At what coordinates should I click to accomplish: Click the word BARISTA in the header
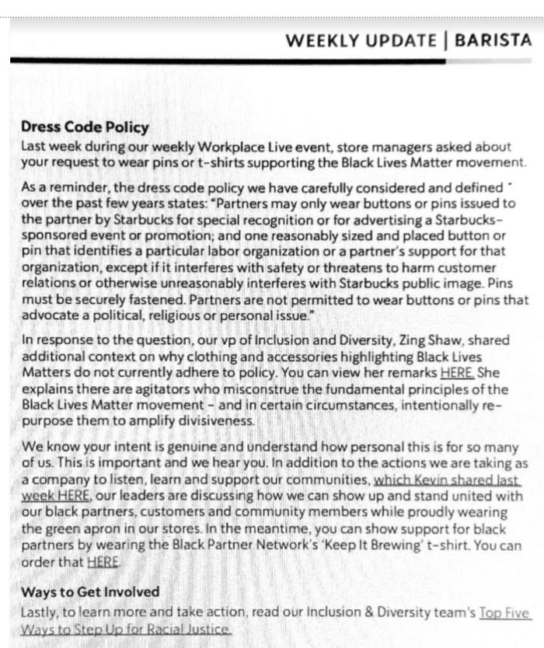tap(493, 40)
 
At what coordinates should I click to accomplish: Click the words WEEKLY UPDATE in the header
tap(361, 40)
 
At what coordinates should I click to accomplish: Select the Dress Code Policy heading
tap(85, 128)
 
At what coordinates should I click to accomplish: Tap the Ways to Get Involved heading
tap(79, 593)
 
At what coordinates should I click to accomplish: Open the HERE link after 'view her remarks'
tap(456, 374)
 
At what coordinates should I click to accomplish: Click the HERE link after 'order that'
tap(103, 561)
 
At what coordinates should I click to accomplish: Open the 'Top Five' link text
tap(505, 612)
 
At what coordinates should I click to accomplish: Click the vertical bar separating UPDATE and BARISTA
tap(447, 40)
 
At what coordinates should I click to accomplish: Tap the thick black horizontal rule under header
tap(233, 61)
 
